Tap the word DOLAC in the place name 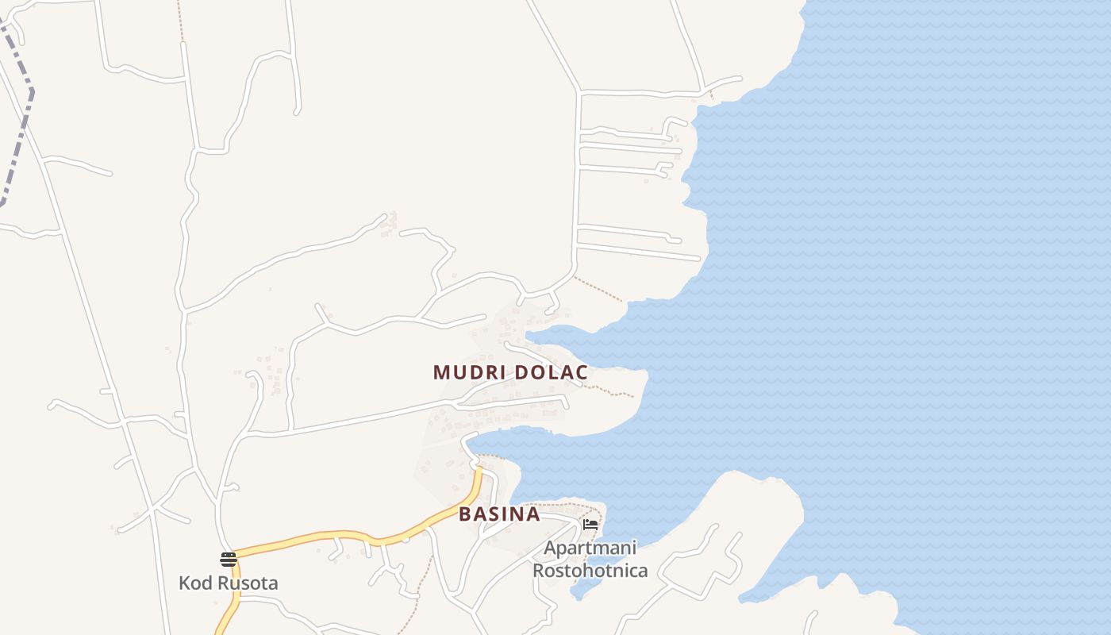tap(551, 372)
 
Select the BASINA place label tap(499, 514)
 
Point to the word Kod tap(195, 583)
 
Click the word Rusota tap(248, 583)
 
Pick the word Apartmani tap(590, 548)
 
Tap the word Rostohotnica tap(590, 570)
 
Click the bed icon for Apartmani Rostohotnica tap(590, 525)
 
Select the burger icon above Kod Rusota tap(229, 559)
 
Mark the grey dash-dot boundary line tap(24, 119)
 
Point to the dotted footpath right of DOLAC tap(615, 391)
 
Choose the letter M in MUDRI tap(441, 372)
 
